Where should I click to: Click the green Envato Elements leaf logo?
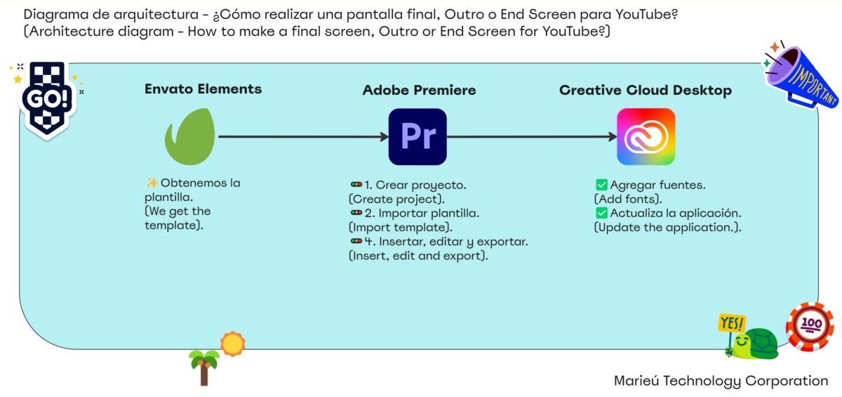(x=190, y=136)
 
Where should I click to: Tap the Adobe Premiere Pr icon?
(x=417, y=136)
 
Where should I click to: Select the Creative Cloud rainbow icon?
(x=646, y=136)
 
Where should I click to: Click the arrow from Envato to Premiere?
(x=303, y=136)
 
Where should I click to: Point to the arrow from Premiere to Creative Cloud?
(x=532, y=136)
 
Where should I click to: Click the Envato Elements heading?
(x=203, y=89)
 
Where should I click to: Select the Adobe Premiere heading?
(x=419, y=90)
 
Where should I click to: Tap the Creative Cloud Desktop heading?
(x=646, y=91)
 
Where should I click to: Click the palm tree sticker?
(x=203, y=367)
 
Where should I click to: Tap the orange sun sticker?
(x=233, y=344)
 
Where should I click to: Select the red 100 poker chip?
(x=810, y=326)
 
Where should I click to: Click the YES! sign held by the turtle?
(x=731, y=323)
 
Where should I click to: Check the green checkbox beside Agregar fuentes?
(x=601, y=185)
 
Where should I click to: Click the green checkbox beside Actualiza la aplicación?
(x=601, y=213)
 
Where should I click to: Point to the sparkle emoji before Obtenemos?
(x=152, y=183)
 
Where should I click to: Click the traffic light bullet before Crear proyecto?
(x=356, y=184)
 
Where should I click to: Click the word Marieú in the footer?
(x=636, y=380)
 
